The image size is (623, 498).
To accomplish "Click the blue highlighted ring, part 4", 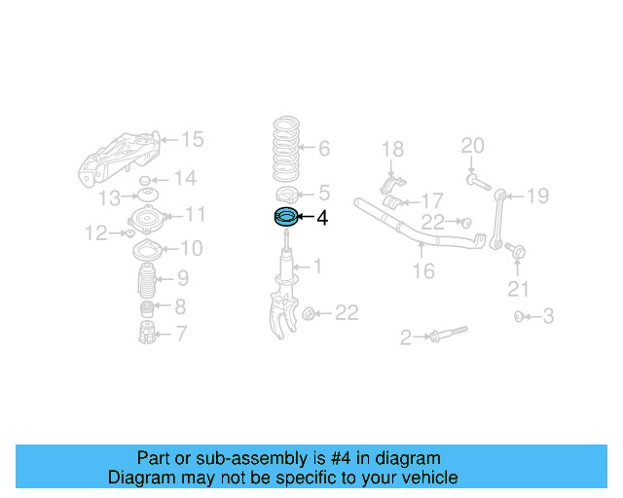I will pos(285,218).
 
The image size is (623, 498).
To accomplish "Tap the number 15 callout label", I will pos(193,140).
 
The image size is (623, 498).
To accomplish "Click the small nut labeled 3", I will pos(520,316).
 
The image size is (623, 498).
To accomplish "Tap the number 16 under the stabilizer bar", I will pos(423,271).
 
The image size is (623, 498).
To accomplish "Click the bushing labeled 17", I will pos(395,202).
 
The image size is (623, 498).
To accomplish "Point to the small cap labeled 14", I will pos(145,182).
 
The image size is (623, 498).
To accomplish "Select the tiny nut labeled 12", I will pos(128,233).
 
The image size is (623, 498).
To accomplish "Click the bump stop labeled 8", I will pos(145,309).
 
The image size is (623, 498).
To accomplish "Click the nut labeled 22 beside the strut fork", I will pos(309,313).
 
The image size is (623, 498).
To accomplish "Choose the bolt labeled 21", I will pos(515,252).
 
